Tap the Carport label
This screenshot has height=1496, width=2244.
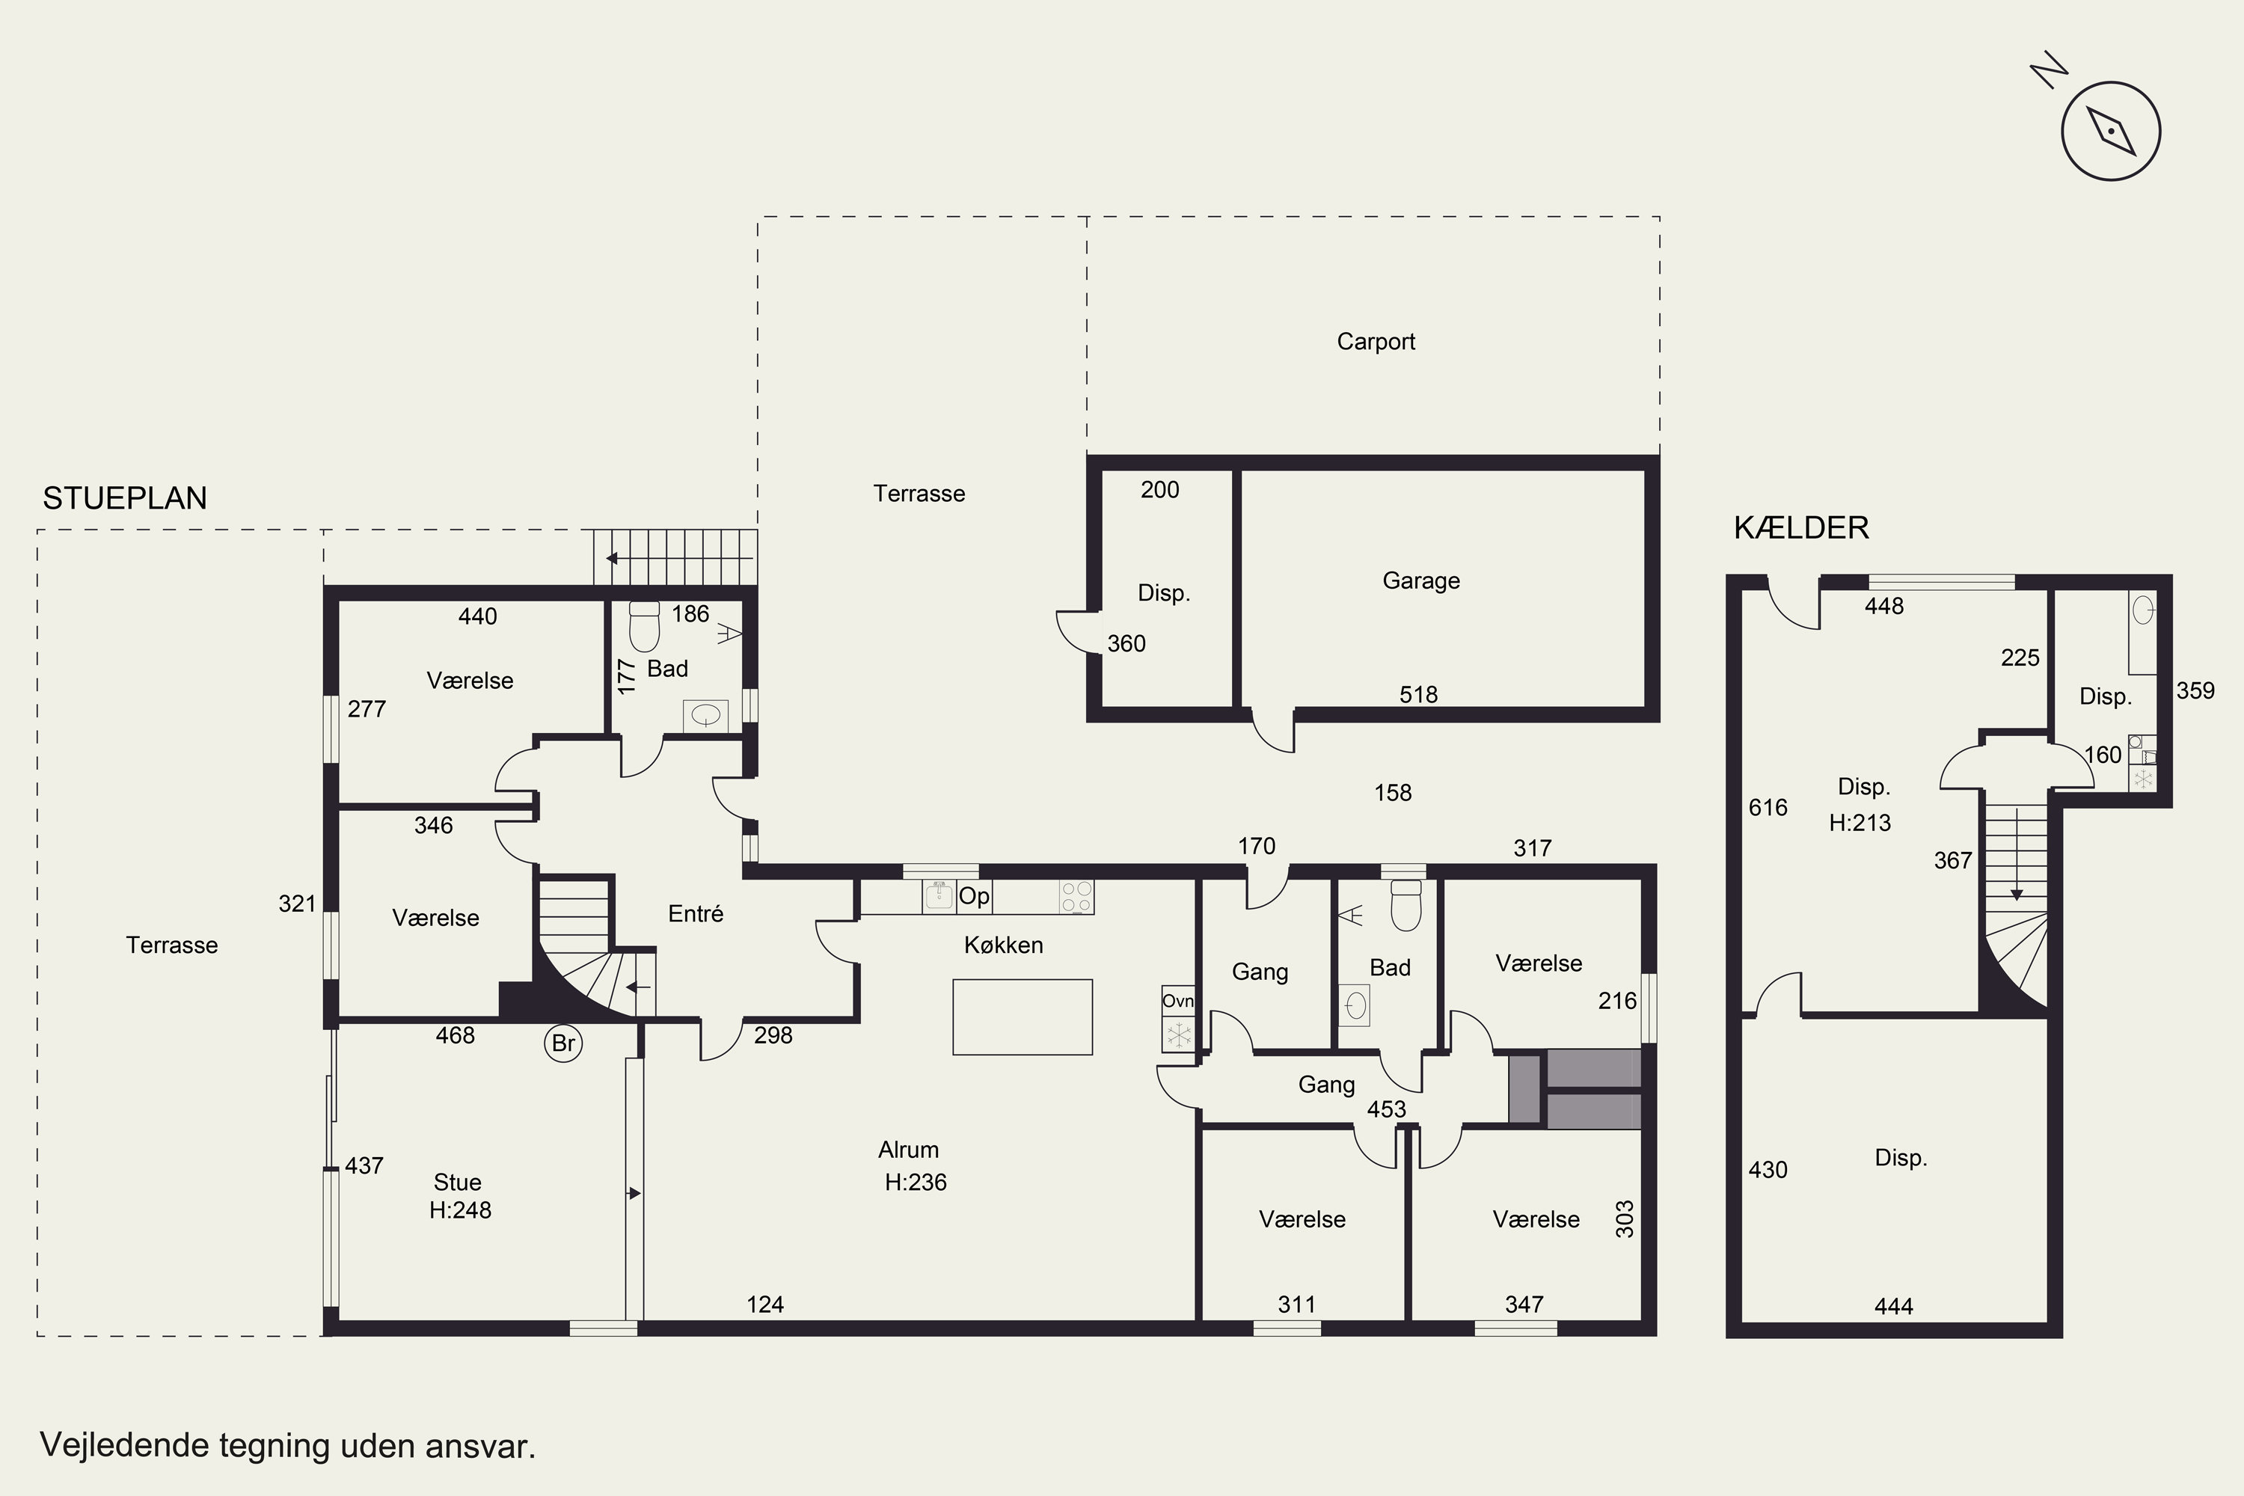click(x=1375, y=342)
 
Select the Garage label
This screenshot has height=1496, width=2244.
click(x=1420, y=580)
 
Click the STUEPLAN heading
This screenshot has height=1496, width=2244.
click(x=125, y=498)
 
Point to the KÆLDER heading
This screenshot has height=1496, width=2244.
click(x=1800, y=527)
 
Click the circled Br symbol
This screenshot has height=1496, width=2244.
click(x=563, y=1043)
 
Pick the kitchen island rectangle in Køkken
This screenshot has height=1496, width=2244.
click(x=1022, y=1017)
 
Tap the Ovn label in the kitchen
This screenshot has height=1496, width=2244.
click(x=1177, y=1001)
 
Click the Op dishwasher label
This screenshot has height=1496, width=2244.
click(x=974, y=896)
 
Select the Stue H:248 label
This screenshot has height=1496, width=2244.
click(x=460, y=1196)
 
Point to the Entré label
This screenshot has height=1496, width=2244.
click(x=696, y=914)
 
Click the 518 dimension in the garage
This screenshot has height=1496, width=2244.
click(x=1417, y=695)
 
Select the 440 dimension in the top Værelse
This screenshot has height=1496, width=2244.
click(x=477, y=616)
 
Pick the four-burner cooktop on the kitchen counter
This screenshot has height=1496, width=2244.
click(x=1076, y=897)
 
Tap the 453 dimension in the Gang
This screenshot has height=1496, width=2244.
click(x=1386, y=1109)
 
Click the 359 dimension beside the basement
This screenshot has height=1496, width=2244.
click(x=2195, y=690)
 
